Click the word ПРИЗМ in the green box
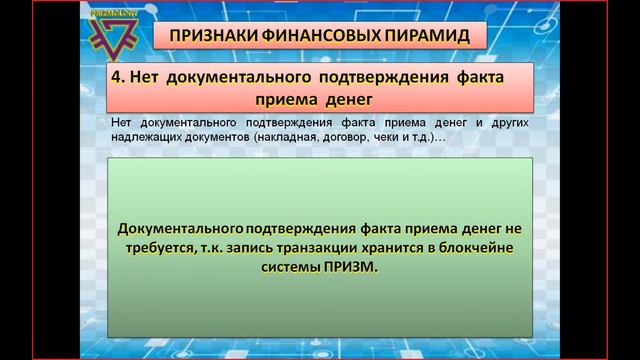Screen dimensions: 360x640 [x=351, y=268]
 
